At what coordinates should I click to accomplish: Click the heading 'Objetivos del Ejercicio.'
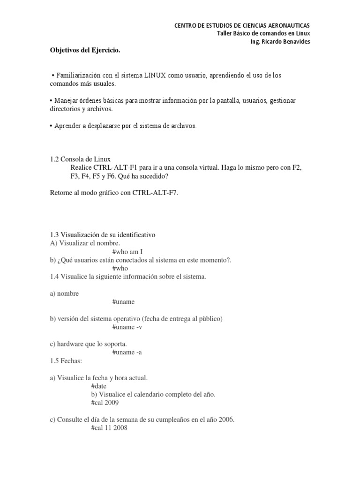[85, 51]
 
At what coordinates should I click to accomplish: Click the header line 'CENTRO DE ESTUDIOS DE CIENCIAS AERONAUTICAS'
[242, 25]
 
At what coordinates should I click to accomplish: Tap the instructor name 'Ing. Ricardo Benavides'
[281, 42]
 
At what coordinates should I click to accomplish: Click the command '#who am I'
[127, 251]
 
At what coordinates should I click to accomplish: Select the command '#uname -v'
[127, 327]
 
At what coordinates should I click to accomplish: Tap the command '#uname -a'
[127, 352]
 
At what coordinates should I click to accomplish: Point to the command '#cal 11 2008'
[108, 428]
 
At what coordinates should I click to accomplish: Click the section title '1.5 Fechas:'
[67, 361]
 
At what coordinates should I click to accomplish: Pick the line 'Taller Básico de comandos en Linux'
[264, 33]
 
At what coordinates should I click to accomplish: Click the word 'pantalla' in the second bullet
[212, 101]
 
